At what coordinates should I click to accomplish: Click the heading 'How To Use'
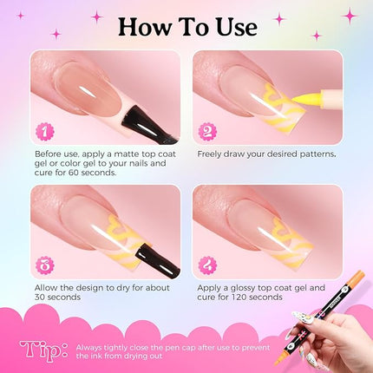tap(186, 26)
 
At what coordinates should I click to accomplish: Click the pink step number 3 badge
tap(43, 263)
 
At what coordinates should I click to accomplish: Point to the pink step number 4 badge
tap(208, 263)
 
